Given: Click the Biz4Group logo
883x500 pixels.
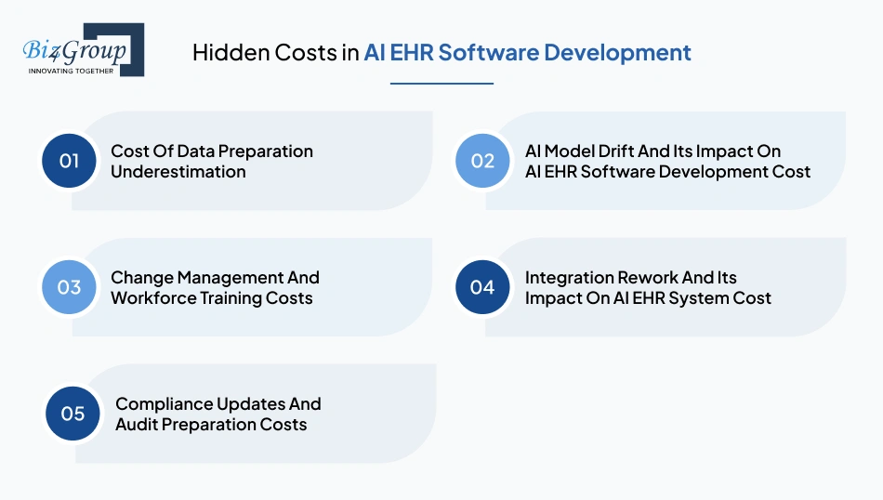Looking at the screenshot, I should (x=82, y=48).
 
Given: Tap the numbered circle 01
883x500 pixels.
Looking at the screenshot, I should (x=69, y=161).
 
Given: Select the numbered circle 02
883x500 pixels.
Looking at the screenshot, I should (x=482, y=161).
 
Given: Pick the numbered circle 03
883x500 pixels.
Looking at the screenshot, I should (x=69, y=287).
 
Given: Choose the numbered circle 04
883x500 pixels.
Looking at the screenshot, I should (x=482, y=287).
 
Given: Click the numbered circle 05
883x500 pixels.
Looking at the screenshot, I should (x=72, y=414).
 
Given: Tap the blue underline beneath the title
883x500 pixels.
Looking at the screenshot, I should (x=441, y=84).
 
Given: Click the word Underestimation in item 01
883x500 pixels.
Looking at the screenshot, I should (x=178, y=172).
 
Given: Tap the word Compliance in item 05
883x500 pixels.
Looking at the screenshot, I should (x=164, y=403).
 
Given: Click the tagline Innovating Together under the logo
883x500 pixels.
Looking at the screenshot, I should (x=71, y=71).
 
